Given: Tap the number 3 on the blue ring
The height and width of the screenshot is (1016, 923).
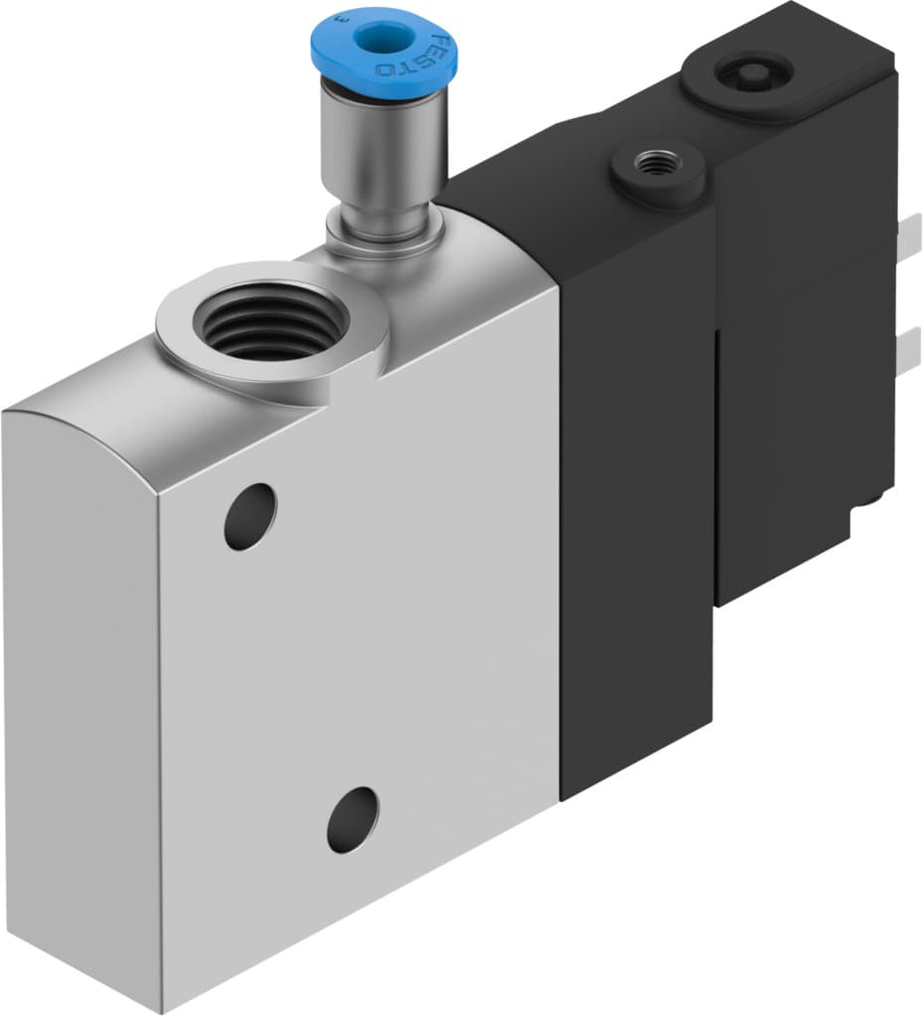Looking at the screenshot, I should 341,17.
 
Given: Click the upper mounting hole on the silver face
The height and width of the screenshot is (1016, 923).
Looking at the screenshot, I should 249,516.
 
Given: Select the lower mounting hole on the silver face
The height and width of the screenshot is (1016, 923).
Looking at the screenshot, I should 352,821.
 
